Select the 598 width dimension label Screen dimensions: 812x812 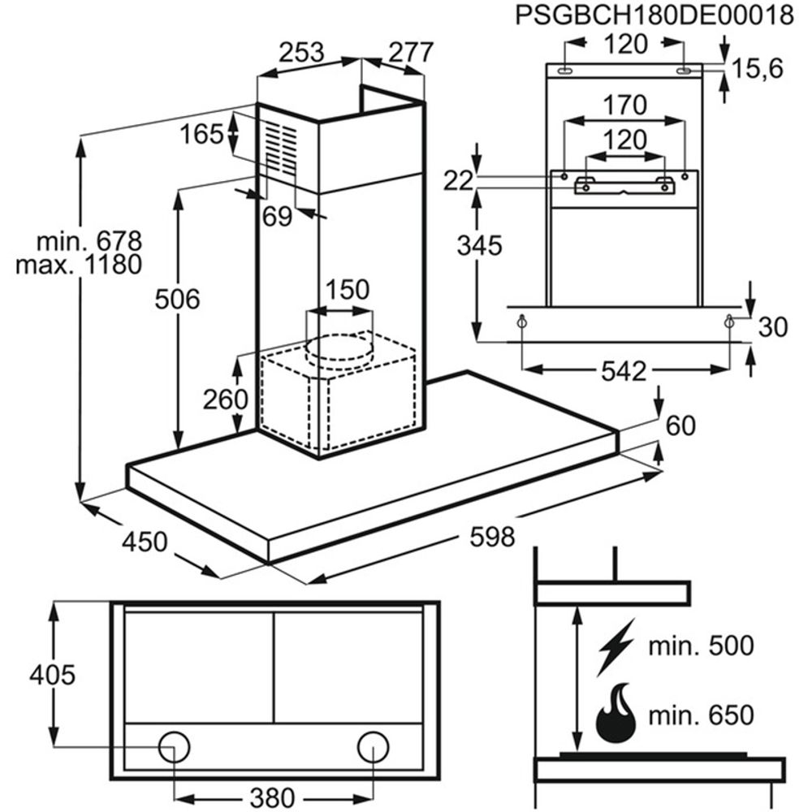tap(492, 537)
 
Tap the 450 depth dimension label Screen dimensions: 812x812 tap(145, 542)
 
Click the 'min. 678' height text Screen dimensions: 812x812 tap(89, 241)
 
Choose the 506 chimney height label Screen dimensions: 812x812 tap(177, 300)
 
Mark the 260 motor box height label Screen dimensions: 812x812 tap(225, 400)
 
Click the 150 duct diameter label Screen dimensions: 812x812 tap(347, 289)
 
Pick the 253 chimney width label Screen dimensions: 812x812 tap(301, 53)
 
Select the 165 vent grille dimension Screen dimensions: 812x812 tap(201, 134)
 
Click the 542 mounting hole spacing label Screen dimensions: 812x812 tap(625, 372)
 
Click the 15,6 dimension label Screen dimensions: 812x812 tap(756, 70)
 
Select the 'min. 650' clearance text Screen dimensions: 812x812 tap(702, 715)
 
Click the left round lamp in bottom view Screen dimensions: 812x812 tap(173, 745)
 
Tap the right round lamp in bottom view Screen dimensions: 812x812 tap(372, 745)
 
